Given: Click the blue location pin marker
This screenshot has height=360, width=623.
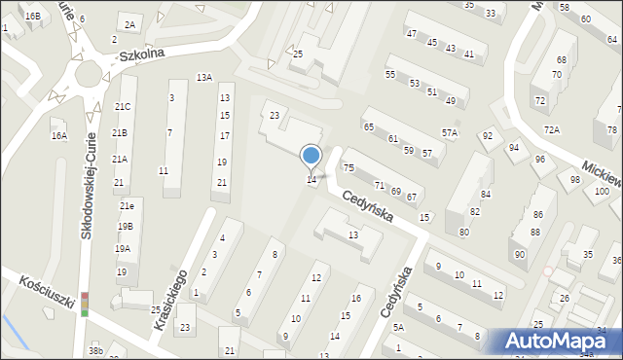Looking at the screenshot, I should point(311,156).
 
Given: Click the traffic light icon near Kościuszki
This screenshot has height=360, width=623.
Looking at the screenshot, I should point(85,304).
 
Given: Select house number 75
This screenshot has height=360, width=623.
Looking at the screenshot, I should point(348,169).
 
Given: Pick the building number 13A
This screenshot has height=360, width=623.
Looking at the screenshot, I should point(203,77).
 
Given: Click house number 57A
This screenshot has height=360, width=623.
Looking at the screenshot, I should point(449,133).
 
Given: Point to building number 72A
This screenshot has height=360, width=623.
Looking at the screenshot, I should point(552,129).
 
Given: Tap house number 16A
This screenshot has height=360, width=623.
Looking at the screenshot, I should point(59,136).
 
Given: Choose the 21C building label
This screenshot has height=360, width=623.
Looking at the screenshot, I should point(122,106).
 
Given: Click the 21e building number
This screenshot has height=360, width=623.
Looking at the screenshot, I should point(127,206).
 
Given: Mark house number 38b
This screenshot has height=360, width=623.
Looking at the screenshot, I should point(94,349).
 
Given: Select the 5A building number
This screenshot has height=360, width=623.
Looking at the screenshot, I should point(398,328).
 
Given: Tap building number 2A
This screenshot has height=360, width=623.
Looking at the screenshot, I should point(128,24).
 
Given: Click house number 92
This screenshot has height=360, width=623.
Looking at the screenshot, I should point(487,135).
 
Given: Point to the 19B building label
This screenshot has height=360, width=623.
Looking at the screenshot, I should point(125,226).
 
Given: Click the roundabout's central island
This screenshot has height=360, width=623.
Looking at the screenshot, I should point(90,74).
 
